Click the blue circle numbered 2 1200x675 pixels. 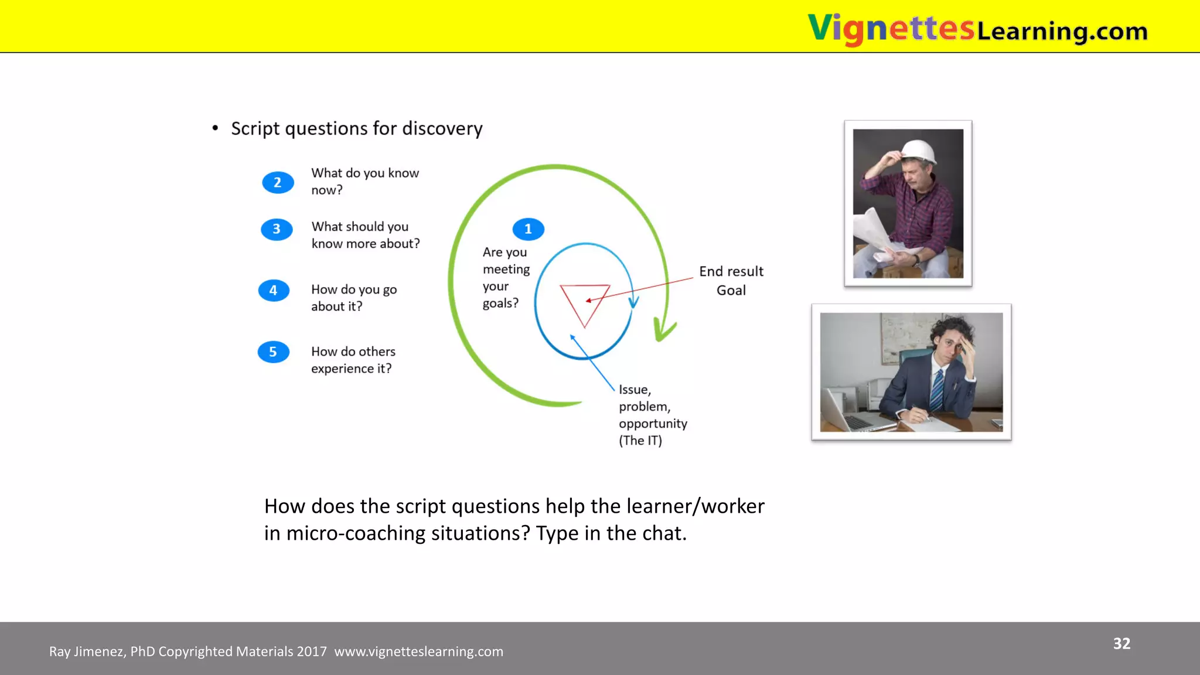(x=278, y=183)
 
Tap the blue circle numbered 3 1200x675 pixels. (x=277, y=229)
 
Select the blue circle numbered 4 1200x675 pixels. (x=274, y=291)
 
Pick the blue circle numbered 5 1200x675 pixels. (x=273, y=352)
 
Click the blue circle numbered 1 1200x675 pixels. (x=528, y=229)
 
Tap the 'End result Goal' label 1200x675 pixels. (x=731, y=281)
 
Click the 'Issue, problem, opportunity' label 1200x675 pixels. (x=652, y=415)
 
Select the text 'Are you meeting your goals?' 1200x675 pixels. (x=505, y=278)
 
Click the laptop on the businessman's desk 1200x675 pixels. (x=850, y=414)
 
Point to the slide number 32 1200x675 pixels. (x=1121, y=643)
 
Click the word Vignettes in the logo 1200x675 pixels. (x=890, y=29)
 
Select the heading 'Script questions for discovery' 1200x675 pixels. (x=356, y=128)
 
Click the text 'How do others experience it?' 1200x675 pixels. (x=353, y=360)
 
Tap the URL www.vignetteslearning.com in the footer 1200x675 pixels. (x=418, y=652)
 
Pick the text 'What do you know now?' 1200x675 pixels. (x=364, y=181)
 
